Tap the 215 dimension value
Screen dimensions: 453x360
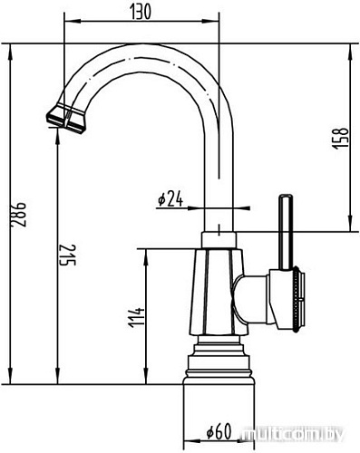coord(63,259)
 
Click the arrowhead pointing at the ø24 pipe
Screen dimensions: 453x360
coord(205,206)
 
